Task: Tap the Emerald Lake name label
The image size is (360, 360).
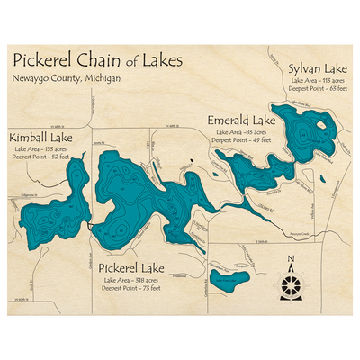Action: (241, 121)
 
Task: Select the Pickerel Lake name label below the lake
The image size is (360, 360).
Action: (131, 268)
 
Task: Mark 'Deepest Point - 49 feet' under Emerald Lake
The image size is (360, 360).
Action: (239, 140)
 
